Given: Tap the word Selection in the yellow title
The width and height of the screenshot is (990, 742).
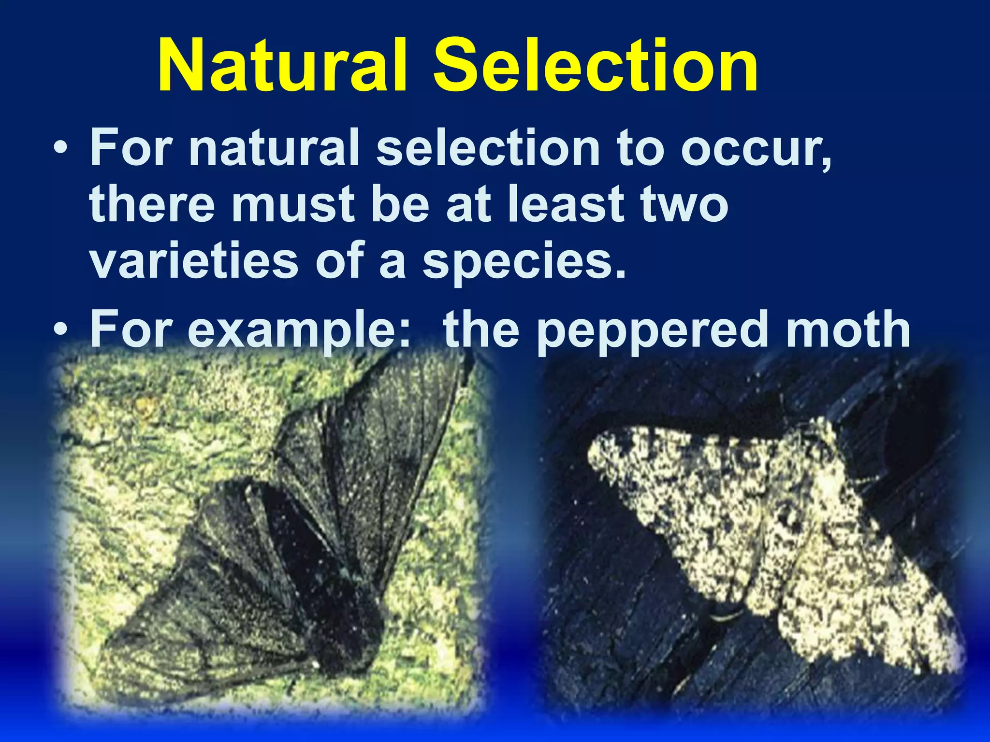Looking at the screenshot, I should click(x=595, y=66).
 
